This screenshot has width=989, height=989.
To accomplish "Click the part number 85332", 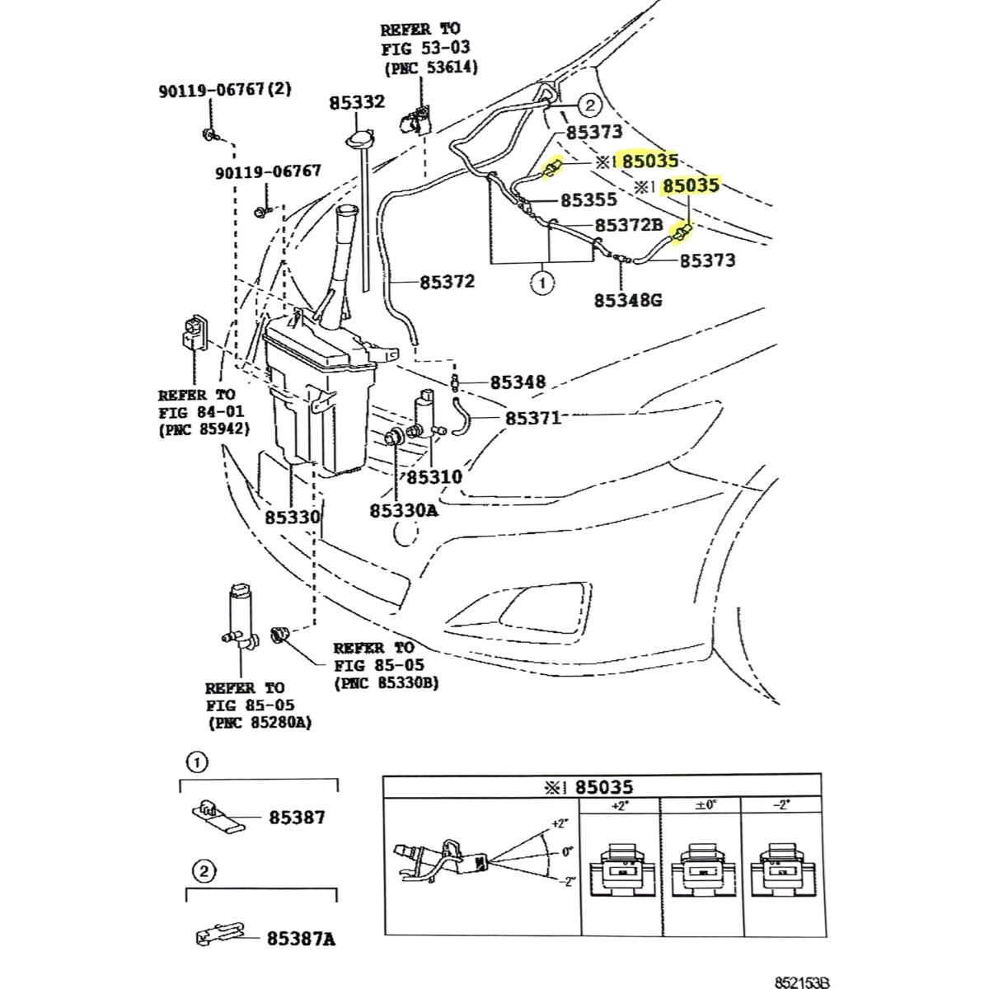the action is click(357, 102).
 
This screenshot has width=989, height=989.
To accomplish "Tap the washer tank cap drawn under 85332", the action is click(359, 139).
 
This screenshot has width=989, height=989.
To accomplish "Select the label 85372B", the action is click(629, 225).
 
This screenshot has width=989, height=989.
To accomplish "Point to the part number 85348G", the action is click(628, 300).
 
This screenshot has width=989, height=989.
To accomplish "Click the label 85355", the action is click(588, 199).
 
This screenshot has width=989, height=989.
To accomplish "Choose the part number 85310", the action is click(434, 477).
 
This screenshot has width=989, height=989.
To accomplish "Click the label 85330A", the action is click(404, 511).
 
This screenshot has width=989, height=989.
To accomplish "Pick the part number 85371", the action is click(533, 419).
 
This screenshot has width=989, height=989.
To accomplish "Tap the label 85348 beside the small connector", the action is click(518, 382).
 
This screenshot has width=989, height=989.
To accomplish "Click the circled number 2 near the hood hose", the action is click(590, 105).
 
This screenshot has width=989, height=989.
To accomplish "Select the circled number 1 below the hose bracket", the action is click(542, 283).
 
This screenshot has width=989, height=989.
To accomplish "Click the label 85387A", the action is click(301, 940).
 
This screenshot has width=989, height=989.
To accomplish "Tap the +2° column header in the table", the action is click(620, 805).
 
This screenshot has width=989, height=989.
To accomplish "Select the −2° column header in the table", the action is click(781, 804).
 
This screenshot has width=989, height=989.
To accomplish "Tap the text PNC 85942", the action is click(204, 429).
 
